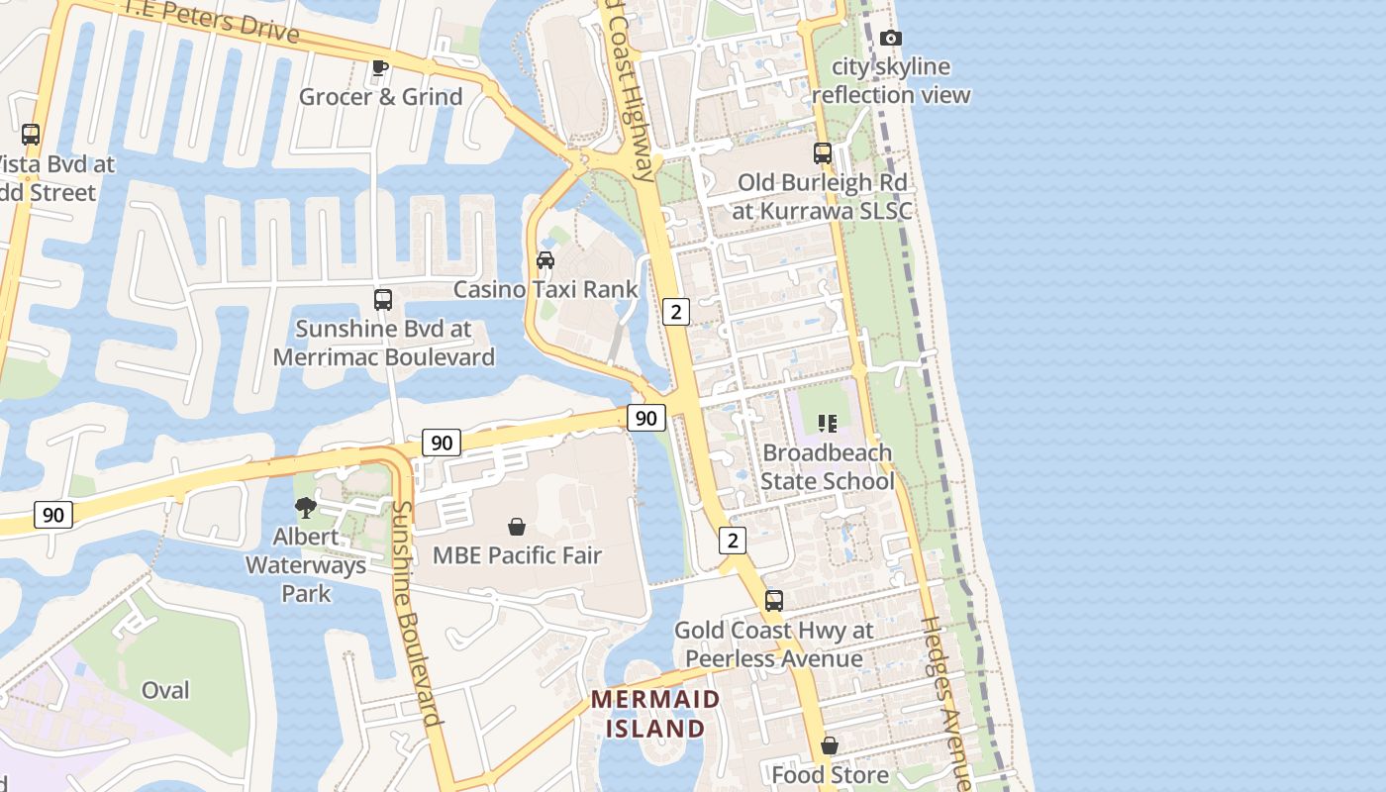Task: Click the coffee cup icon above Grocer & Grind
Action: click(x=379, y=67)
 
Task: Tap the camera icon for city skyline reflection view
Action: click(x=891, y=38)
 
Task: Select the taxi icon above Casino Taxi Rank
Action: click(x=545, y=260)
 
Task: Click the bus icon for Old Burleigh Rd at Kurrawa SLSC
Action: click(x=823, y=153)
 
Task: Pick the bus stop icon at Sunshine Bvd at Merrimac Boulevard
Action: click(x=383, y=299)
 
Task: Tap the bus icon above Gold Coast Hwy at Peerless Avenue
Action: click(x=774, y=601)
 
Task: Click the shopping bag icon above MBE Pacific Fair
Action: click(x=517, y=527)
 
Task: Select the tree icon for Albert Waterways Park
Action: click(x=306, y=508)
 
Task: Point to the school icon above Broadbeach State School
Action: click(x=828, y=424)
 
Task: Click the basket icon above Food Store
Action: click(x=830, y=745)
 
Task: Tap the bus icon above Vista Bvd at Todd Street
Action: click(x=31, y=135)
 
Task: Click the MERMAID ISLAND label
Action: click(x=655, y=714)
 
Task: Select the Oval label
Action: click(x=165, y=690)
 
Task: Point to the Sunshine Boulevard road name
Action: click(x=415, y=614)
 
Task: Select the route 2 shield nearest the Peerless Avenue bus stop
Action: click(x=732, y=540)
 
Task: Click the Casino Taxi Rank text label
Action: click(x=545, y=289)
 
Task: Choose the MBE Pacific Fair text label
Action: click(x=517, y=555)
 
